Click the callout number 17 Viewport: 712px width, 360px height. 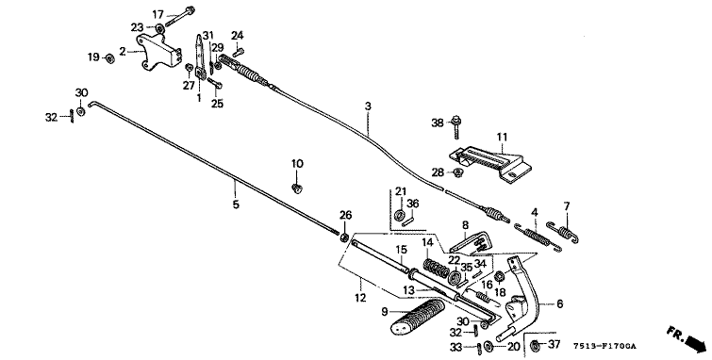point(157,15)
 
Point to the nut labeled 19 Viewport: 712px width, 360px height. point(109,58)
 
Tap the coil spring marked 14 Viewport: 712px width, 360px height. point(437,269)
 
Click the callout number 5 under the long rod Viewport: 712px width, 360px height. point(236,205)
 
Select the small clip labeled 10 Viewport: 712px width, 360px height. point(297,188)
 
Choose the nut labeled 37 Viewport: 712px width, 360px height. point(536,345)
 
